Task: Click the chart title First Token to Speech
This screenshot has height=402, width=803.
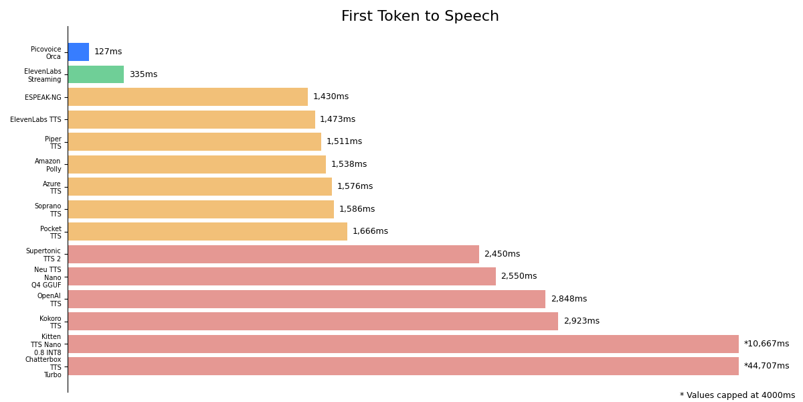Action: [420, 17]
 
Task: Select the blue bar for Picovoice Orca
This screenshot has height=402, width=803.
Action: [78, 52]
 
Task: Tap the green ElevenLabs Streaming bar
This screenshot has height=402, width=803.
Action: [96, 74]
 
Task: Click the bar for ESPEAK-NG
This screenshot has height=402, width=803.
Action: [187, 97]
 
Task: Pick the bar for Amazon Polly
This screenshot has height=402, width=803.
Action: [197, 164]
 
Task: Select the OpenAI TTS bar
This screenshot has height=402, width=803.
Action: [306, 299]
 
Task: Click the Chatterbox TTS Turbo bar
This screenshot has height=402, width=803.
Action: [403, 366]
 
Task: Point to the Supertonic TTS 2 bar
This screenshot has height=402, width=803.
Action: [273, 254]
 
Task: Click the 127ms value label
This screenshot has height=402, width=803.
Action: [108, 52]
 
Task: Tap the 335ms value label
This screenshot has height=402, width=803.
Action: [143, 74]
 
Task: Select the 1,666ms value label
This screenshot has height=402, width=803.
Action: [370, 232]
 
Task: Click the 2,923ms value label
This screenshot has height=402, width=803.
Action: [581, 322]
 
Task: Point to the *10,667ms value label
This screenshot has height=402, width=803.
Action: [766, 344]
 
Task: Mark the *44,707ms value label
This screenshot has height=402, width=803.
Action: [766, 366]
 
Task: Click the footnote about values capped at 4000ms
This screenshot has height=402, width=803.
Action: [737, 395]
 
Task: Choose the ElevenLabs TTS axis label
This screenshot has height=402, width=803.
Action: [35, 120]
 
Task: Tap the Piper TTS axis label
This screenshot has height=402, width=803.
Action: [53, 143]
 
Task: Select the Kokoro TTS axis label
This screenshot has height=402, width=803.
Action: [50, 322]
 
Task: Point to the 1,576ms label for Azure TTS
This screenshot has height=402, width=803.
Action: [355, 187]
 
